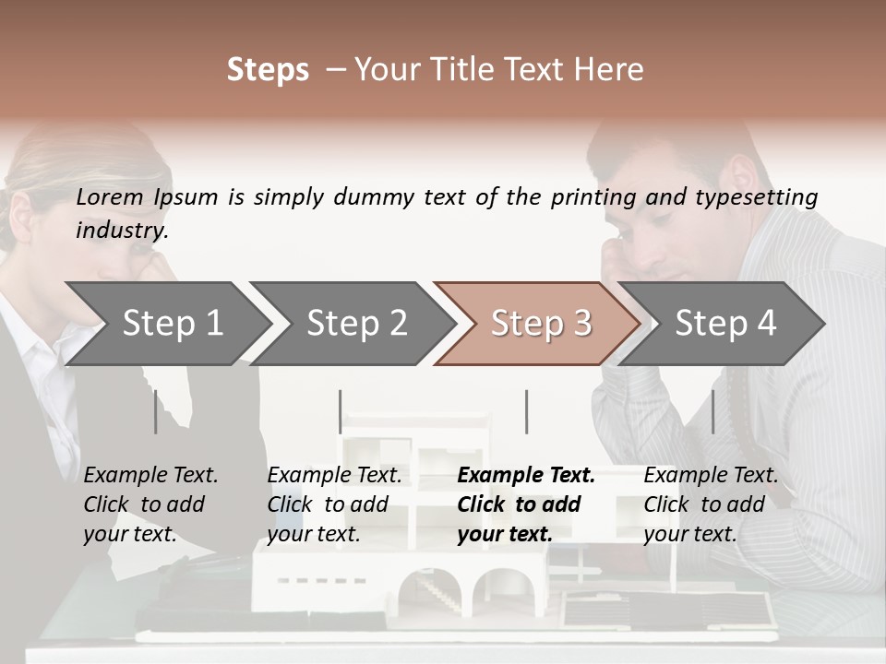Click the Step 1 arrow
pos(166,323)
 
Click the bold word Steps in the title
pos(268,70)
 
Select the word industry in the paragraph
pos(121,231)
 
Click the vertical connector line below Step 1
pos(155,411)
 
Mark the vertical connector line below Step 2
pos(341,411)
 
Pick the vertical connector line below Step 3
pos(526,411)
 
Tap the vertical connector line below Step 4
pos(712,411)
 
